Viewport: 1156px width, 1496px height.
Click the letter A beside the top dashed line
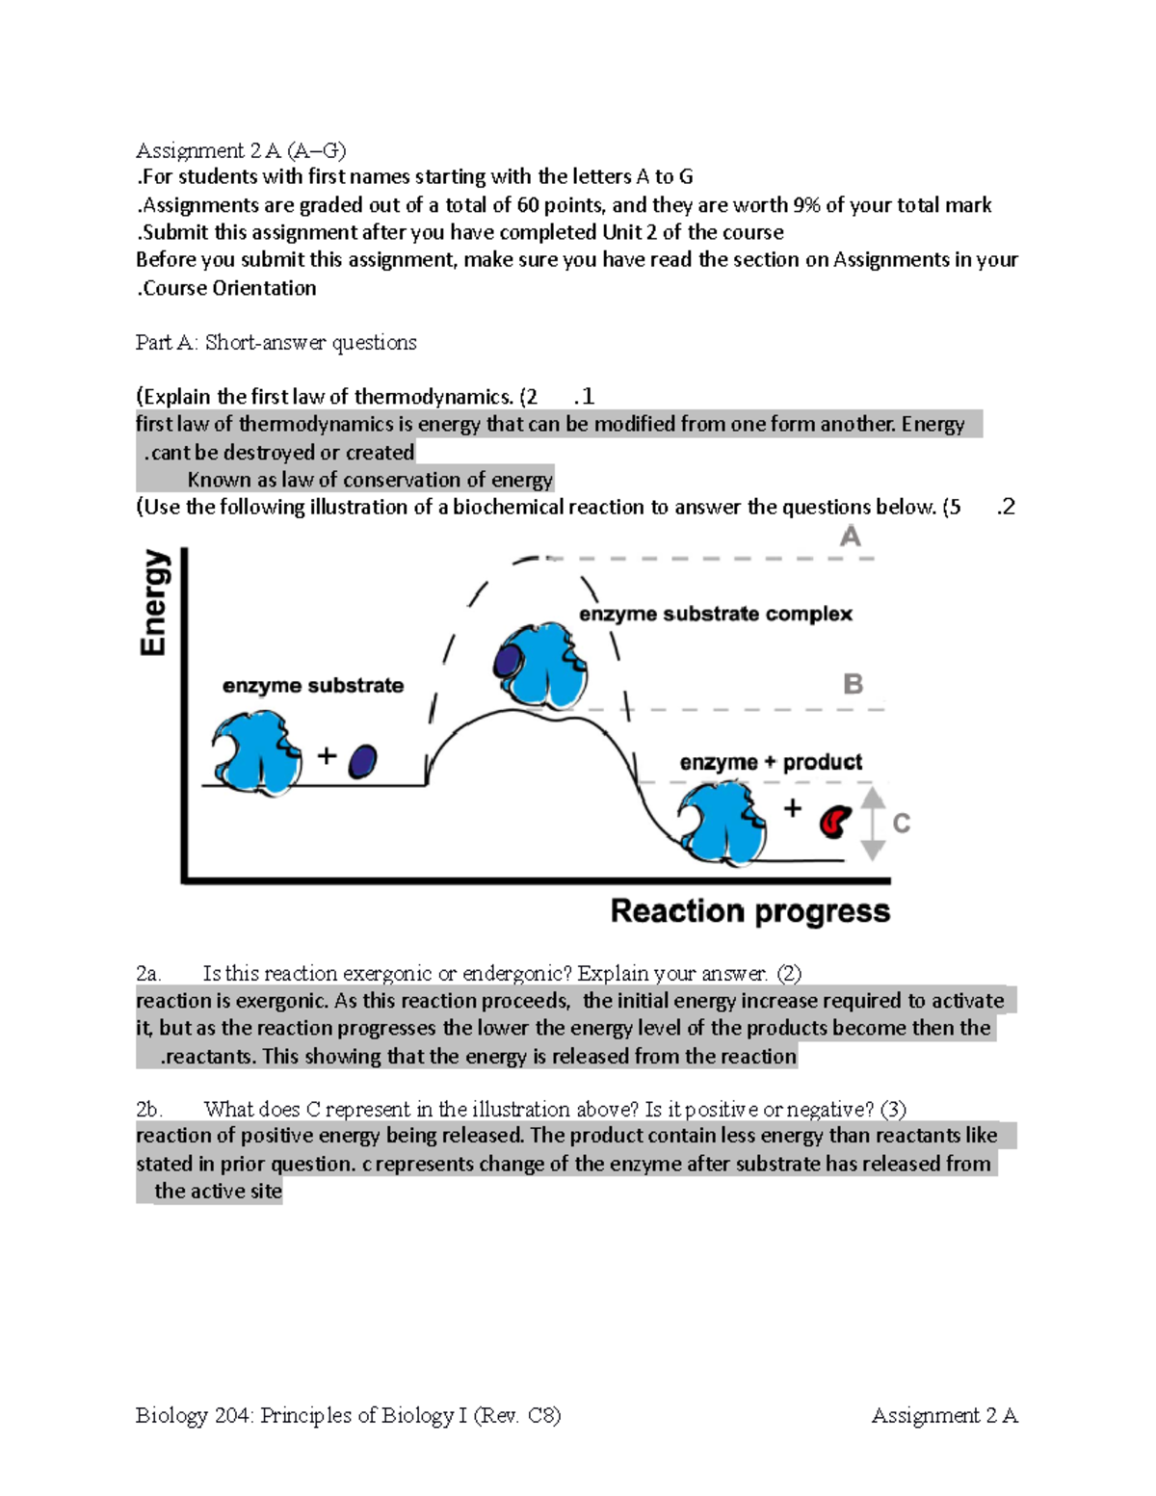[x=850, y=537]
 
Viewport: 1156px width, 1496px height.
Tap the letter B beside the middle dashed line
[x=853, y=685]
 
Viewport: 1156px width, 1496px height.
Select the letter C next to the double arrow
[x=901, y=824]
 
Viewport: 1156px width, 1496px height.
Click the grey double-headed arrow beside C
[x=872, y=823]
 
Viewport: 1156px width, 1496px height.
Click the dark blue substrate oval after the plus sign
[x=362, y=761]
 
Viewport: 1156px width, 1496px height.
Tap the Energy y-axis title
[x=154, y=603]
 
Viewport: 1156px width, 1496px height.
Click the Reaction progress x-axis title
[x=749, y=911]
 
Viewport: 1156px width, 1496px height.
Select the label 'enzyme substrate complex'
[x=715, y=615]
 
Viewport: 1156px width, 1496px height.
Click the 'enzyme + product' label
[x=771, y=762]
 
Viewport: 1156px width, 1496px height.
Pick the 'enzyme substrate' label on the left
[x=312, y=686]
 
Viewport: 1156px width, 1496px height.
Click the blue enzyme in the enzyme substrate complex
[x=539, y=665]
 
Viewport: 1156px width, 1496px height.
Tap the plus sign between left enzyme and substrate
[x=328, y=756]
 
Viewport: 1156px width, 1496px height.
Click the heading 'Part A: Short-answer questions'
[x=276, y=343]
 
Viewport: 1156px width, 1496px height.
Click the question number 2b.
[x=148, y=1109]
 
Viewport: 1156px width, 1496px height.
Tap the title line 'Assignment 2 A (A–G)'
[x=240, y=150]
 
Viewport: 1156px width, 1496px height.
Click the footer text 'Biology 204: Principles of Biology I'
[x=301, y=1415]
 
